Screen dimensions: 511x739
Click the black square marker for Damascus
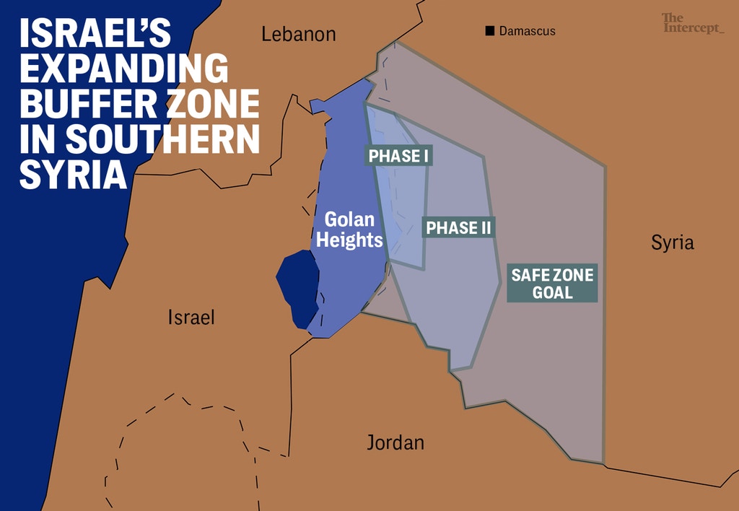490,31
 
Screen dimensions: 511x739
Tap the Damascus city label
527,32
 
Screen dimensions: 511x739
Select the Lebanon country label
299,34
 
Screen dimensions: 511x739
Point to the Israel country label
191,317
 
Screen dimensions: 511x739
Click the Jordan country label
395,442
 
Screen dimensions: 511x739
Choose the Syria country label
673,243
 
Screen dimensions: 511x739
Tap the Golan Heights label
349,230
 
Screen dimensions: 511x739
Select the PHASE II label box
458,228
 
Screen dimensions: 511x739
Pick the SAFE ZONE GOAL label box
552,283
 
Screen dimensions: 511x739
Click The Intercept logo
692,23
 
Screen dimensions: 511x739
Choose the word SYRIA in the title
70,175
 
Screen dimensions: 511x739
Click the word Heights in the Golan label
349,240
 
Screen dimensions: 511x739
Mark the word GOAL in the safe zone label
552,292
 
